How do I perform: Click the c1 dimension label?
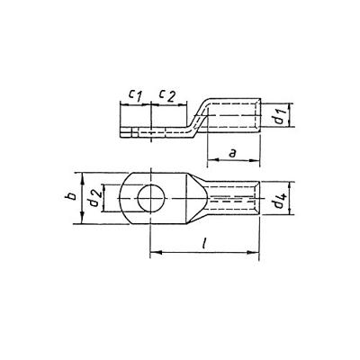(x=133, y=94)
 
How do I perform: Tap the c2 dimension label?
(x=167, y=94)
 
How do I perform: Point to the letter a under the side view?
(x=233, y=154)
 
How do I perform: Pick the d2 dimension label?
(x=94, y=199)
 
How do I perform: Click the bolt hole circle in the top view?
(x=147, y=198)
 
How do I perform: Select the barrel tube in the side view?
(x=232, y=116)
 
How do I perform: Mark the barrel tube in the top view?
(x=232, y=199)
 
